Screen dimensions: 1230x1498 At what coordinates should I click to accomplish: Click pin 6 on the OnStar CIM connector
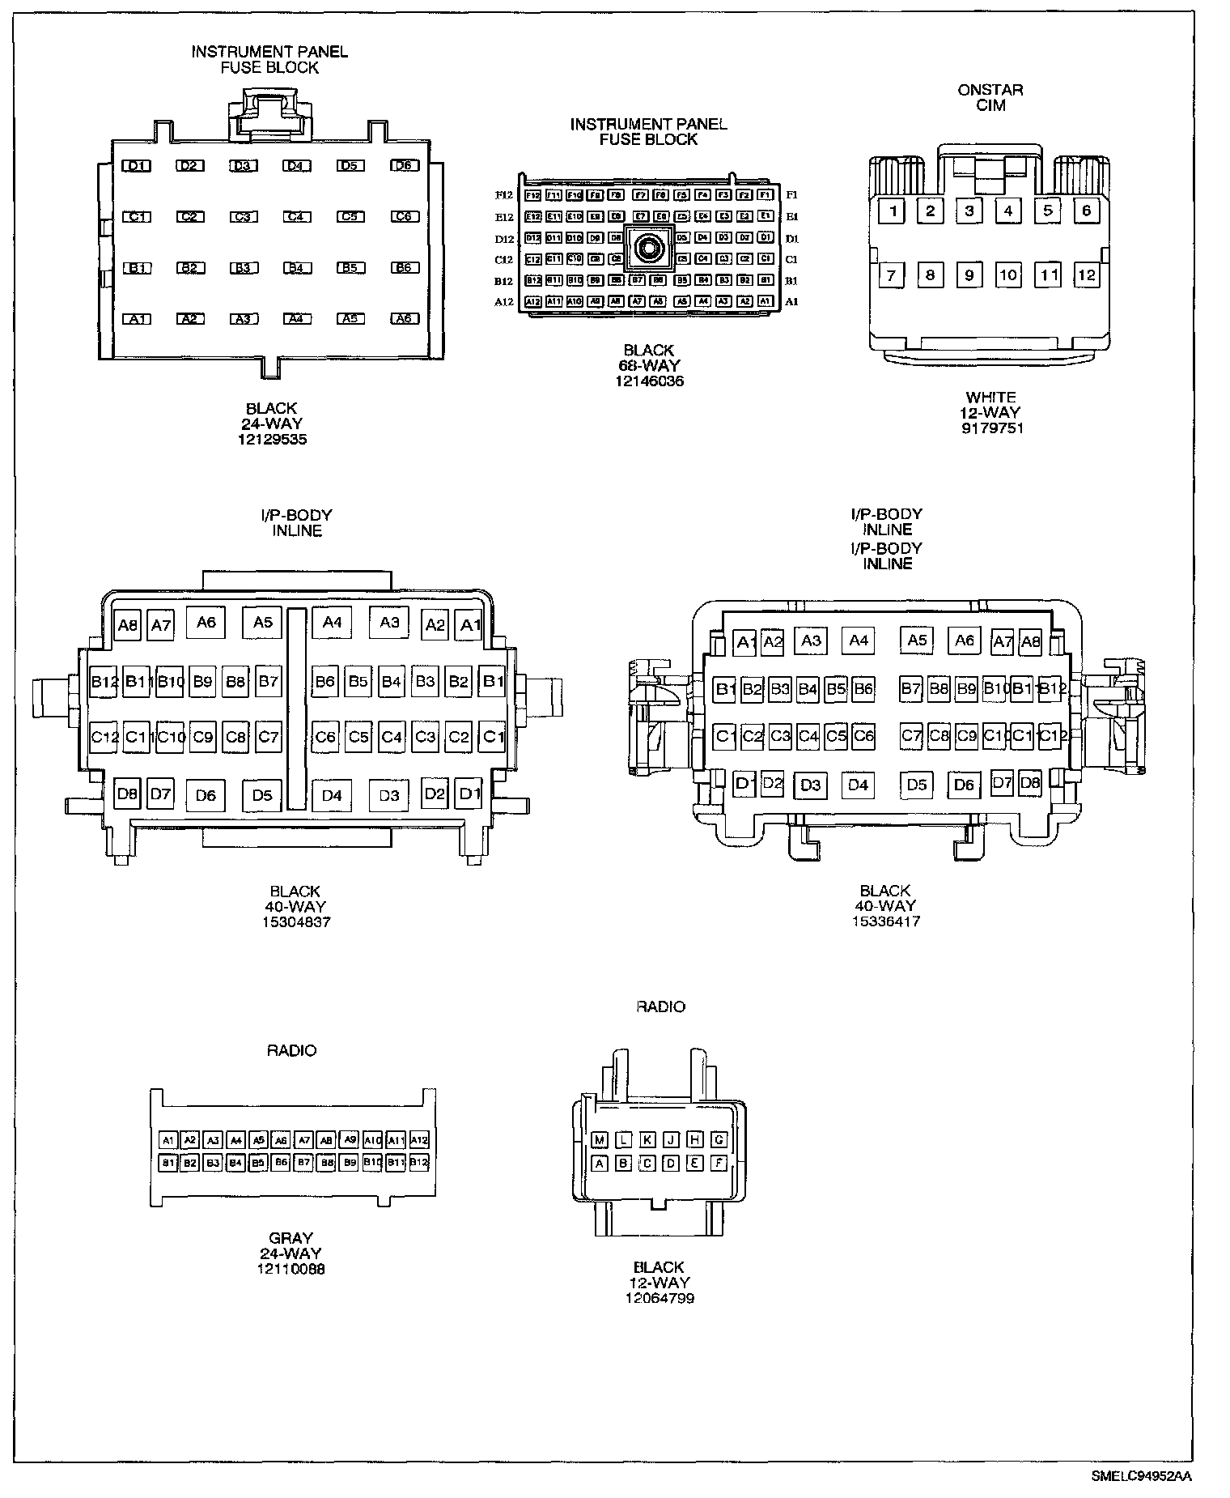point(1086,211)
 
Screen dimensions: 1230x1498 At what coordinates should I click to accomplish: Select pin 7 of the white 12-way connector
point(891,275)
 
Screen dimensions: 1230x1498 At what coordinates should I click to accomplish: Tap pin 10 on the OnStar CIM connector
point(1007,275)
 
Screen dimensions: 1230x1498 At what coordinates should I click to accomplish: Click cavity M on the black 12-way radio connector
point(600,1140)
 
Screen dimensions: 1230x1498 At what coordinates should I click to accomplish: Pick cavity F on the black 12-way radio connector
point(719,1164)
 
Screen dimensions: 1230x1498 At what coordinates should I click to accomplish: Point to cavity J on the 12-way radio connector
point(671,1140)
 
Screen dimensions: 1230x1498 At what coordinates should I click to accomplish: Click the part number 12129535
point(272,440)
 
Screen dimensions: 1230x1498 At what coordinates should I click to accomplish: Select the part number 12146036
point(649,381)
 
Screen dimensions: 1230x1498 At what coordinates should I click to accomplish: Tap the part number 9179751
point(991,428)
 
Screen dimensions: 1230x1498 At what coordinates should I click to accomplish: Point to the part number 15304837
point(296,921)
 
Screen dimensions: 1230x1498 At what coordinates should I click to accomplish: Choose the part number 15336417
point(885,921)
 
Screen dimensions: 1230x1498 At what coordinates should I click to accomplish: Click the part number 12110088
point(291,1269)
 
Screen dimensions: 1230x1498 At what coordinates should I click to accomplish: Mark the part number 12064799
point(660,1298)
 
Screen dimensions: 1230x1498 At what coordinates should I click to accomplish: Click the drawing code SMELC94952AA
point(1141,1476)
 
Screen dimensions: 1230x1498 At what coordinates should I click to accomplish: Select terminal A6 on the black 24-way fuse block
point(404,319)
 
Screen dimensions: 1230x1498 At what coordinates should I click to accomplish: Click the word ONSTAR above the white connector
point(990,90)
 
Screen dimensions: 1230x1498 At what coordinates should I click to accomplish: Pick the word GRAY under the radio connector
point(291,1238)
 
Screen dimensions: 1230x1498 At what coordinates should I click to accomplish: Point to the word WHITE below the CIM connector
point(991,398)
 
